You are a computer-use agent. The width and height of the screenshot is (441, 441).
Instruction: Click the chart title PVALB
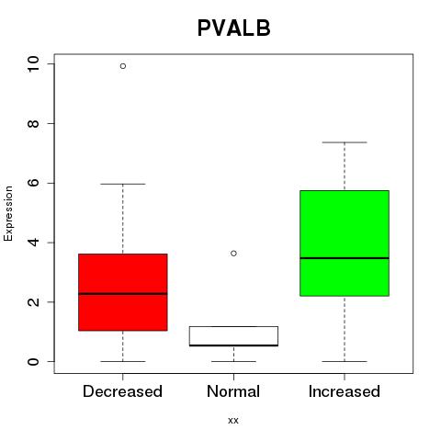click(234, 28)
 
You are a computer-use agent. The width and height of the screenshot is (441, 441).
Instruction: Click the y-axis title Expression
click(8, 213)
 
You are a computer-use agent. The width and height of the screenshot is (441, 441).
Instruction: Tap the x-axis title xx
click(233, 421)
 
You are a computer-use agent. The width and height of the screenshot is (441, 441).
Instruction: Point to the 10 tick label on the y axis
click(33, 64)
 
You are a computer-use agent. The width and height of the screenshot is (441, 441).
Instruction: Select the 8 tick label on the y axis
click(33, 123)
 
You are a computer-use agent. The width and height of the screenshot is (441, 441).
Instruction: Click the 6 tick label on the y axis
click(33, 183)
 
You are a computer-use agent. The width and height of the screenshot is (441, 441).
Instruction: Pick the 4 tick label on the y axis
click(33, 243)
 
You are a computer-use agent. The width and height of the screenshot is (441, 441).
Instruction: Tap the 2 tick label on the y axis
click(33, 302)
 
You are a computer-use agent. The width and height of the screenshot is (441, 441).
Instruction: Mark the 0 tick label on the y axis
click(33, 361)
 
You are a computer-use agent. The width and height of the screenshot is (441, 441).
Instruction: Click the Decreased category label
click(122, 391)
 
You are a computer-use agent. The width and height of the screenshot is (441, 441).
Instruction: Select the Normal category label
click(233, 391)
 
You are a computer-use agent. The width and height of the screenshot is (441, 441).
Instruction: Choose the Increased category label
click(345, 391)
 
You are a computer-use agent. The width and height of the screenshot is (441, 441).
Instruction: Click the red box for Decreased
click(123, 292)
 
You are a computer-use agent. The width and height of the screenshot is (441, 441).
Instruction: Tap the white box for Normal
click(233, 336)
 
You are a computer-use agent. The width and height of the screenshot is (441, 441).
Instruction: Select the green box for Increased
click(345, 243)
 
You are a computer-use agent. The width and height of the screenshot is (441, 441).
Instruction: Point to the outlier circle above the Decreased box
click(123, 66)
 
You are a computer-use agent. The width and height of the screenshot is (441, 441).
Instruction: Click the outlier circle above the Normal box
click(233, 254)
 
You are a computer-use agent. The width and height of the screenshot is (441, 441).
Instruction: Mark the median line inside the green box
click(345, 258)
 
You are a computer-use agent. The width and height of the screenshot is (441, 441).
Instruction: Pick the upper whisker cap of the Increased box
click(345, 142)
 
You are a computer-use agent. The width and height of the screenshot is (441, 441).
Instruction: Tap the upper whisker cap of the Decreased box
click(123, 184)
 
